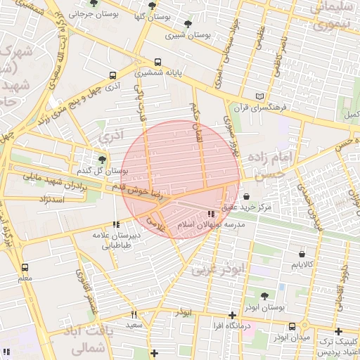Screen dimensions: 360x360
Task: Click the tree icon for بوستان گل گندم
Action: tap(103, 160)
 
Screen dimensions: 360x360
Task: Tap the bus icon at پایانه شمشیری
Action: tap(157, 62)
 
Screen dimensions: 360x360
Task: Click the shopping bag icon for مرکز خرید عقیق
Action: tap(245, 196)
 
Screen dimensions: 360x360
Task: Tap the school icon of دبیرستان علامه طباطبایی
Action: tap(117, 225)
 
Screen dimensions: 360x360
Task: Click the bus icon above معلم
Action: tap(25, 267)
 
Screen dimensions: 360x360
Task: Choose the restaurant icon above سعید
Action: tap(134, 314)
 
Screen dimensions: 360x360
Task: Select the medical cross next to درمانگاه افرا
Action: tap(232, 315)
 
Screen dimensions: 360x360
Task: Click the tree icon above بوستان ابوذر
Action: tap(264, 296)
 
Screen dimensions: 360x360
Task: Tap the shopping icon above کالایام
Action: tap(302, 254)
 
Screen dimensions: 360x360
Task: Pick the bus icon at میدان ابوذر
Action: tap(292, 326)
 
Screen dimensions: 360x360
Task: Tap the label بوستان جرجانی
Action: tap(91, 14)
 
